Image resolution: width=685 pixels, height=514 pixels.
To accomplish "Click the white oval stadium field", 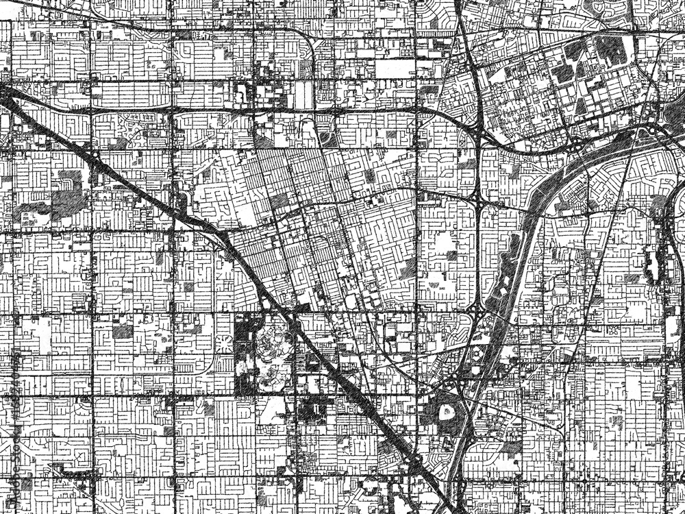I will tap(448, 412).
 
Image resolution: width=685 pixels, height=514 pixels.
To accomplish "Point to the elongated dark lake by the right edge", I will tap(651, 260).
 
